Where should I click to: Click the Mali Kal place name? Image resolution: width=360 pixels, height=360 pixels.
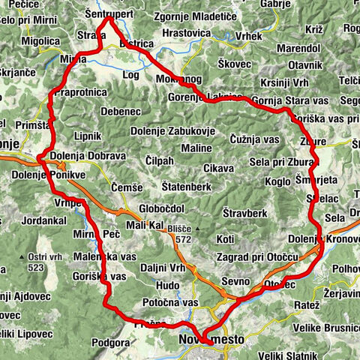[145, 225]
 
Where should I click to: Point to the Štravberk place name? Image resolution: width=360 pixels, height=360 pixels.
[241, 213]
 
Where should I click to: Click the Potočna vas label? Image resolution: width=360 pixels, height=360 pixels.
[172, 302]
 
